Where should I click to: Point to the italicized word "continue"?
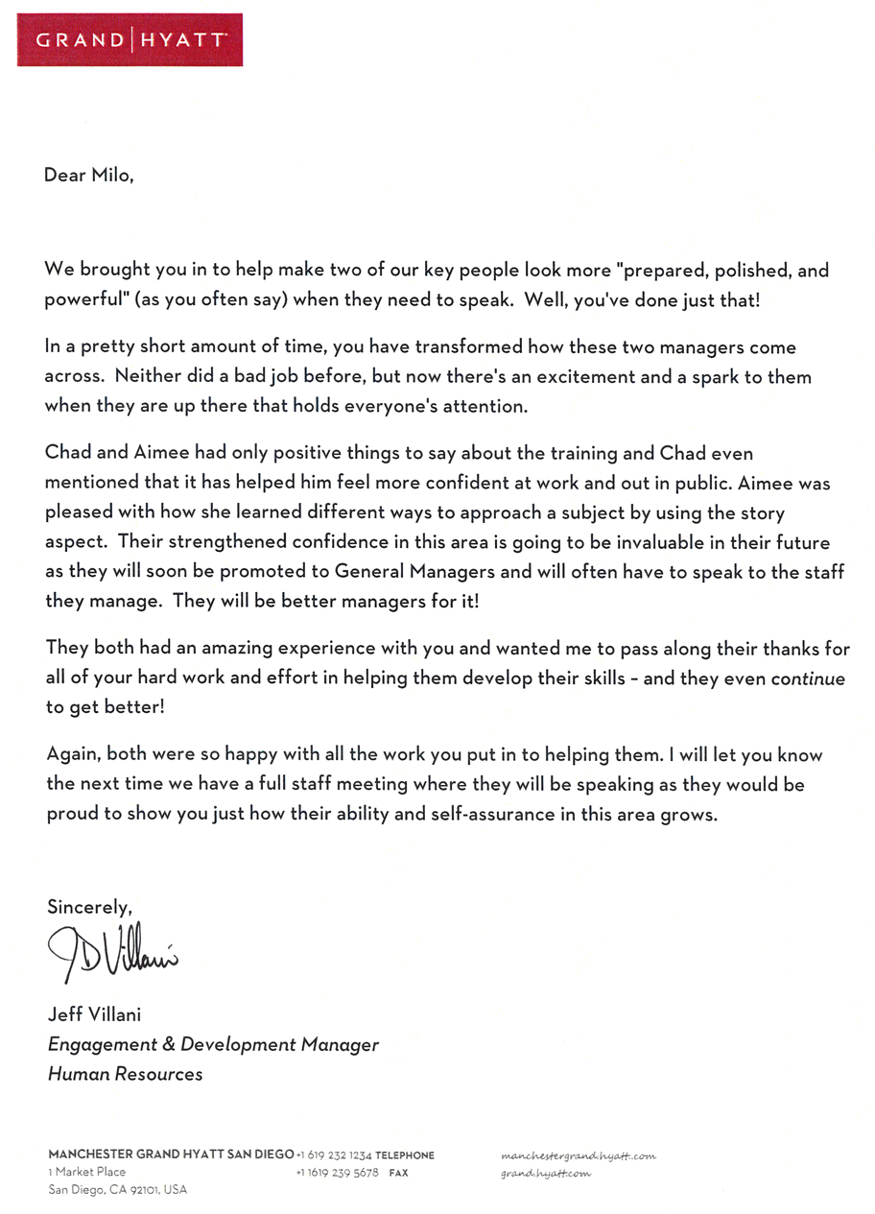click(x=807, y=678)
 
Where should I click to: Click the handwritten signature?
click(x=111, y=949)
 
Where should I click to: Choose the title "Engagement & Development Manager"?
click(x=213, y=1044)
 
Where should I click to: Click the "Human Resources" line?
click(x=125, y=1074)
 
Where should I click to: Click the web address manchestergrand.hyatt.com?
click(x=579, y=1156)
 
